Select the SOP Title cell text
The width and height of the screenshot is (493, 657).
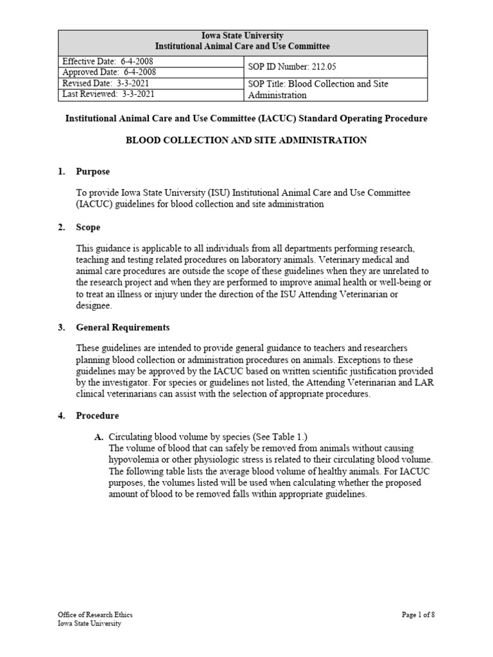[318, 89]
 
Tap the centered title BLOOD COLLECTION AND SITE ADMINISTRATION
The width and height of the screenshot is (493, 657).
[246, 140]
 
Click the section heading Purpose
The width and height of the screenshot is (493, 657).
[92, 171]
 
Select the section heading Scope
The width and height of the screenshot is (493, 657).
[88, 227]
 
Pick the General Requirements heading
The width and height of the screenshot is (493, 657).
[123, 327]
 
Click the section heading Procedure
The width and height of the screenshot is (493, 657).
[97, 416]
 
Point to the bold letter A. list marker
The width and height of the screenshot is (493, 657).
[99, 437]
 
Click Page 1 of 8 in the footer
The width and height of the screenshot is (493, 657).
[418, 614]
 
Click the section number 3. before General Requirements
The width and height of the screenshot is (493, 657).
[62, 327]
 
